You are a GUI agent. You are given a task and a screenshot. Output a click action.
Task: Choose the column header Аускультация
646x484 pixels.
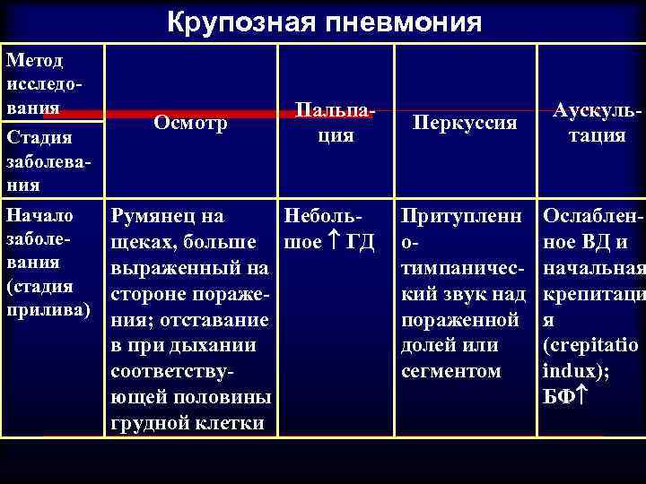(x=589, y=124)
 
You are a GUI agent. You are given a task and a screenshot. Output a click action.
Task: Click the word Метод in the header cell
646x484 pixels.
(x=33, y=61)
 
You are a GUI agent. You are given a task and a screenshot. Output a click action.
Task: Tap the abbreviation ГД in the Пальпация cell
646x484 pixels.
(x=358, y=241)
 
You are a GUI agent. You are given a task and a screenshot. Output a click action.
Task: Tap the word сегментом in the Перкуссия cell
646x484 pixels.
(x=450, y=369)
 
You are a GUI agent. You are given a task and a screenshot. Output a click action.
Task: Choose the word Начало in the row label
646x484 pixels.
(x=39, y=216)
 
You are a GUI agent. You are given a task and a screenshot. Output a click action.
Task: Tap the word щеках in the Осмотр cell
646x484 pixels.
(x=142, y=241)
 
